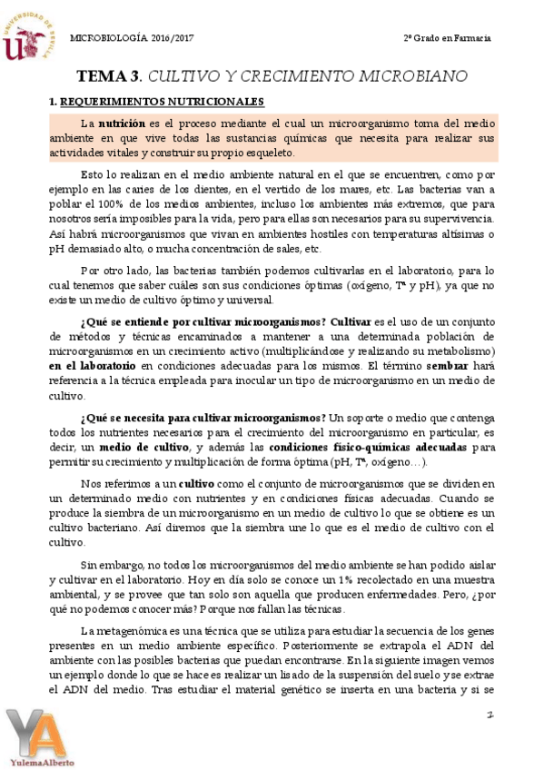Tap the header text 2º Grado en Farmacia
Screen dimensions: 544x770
click(448, 38)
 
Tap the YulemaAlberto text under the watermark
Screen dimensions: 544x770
click(44, 762)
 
